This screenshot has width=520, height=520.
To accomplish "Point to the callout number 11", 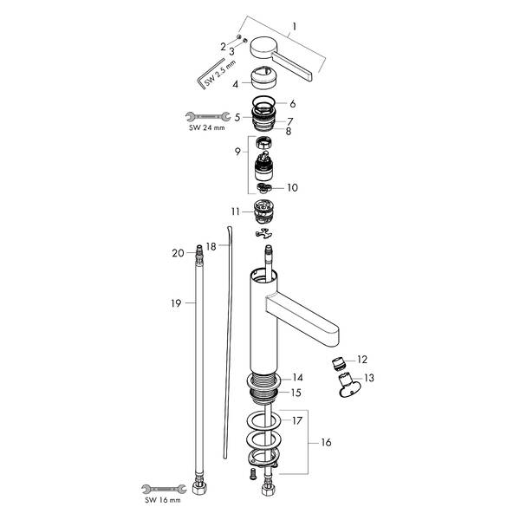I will (x=235, y=211).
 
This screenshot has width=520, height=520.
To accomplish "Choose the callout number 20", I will (x=177, y=253).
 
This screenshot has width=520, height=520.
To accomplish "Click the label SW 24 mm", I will (x=206, y=128).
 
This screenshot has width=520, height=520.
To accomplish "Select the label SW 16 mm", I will (x=163, y=500).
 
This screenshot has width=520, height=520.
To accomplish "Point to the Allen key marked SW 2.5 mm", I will (x=205, y=78).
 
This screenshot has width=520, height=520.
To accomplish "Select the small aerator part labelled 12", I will (x=341, y=360).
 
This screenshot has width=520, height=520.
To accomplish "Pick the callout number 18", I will (x=211, y=247).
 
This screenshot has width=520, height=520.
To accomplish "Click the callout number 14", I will (x=297, y=377).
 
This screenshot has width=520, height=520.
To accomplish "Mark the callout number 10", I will (x=293, y=187).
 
